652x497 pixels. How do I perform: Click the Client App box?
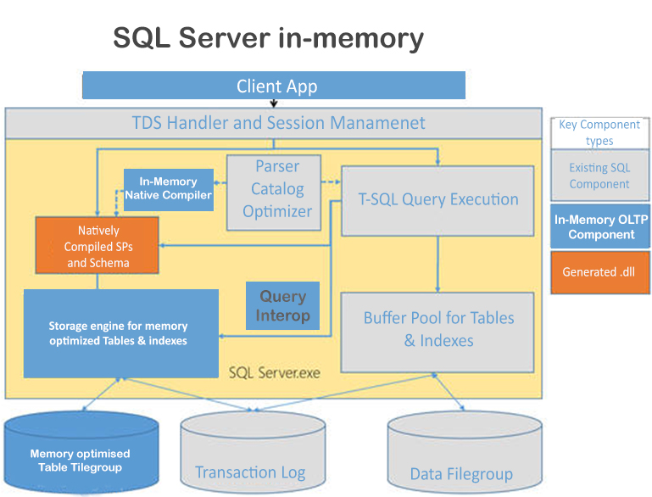point(274,86)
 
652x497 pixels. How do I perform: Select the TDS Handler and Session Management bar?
point(274,123)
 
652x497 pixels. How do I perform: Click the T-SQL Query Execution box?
point(437,200)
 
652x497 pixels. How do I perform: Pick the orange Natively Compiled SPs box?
point(98,246)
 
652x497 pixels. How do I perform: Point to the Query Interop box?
point(283,305)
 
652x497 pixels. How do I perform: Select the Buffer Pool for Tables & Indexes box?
point(437,330)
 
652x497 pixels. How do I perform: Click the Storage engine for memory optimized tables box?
point(120,332)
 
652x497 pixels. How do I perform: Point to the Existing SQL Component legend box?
point(599,176)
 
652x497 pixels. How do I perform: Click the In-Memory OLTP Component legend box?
point(600,226)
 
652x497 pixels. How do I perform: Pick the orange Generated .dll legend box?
point(599,272)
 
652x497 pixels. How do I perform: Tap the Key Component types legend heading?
point(599,132)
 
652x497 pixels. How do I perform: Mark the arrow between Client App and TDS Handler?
point(274,103)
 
